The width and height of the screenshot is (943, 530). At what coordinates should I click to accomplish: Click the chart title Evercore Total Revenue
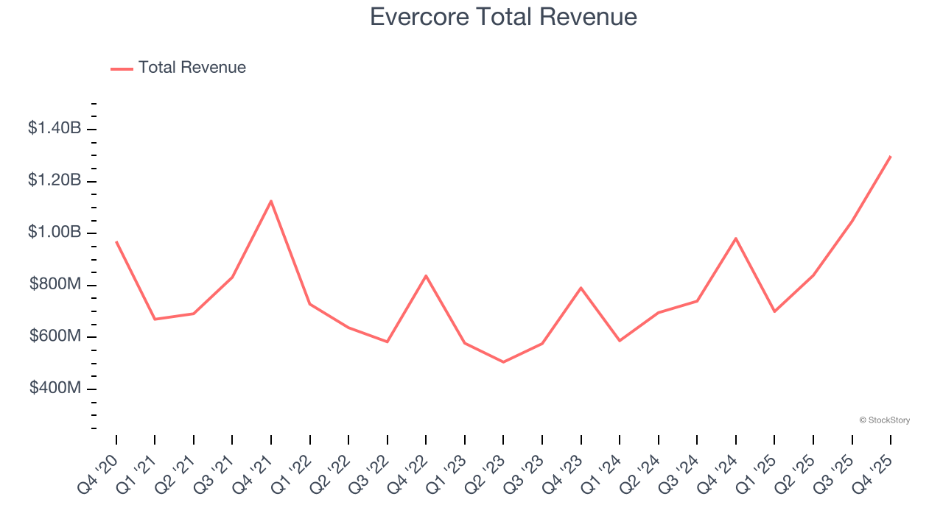pyautogui.click(x=503, y=16)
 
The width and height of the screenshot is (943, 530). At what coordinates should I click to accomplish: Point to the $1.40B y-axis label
pyautogui.click(x=55, y=128)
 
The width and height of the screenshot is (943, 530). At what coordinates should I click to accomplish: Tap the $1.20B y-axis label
pyautogui.click(x=55, y=180)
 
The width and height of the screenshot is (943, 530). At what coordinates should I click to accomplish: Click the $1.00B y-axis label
pyautogui.click(x=55, y=233)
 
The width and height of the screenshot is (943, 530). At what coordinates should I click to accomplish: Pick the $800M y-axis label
pyautogui.click(x=56, y=285)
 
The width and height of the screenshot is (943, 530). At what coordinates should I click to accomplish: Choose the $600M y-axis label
pyautogui.click(x=56, y=336)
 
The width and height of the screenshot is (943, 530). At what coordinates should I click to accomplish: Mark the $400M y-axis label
pyautogui.click(x=56, y=388)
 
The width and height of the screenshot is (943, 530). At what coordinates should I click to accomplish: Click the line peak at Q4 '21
pyautogui.click(x=271, y=201)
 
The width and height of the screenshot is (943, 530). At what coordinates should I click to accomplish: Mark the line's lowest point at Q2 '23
pyautogui.click(x=503, y=361)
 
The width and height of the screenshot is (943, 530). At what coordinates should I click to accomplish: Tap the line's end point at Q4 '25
pyautogui.click(x=890, y=157)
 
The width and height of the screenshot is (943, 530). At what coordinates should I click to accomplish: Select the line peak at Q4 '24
pyautogui.click(x=735, y=239)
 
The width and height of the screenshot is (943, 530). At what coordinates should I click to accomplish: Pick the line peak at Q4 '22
pyautogui.click(x=426, y=276)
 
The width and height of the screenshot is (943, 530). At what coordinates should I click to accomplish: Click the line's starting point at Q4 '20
pyautogui.click(x=116, y=241)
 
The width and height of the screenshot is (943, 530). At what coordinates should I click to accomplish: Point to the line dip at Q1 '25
pyautogui.click(x=774, y=311)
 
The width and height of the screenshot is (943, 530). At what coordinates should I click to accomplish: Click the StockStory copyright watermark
pyautogui.click(x=884, y=420)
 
